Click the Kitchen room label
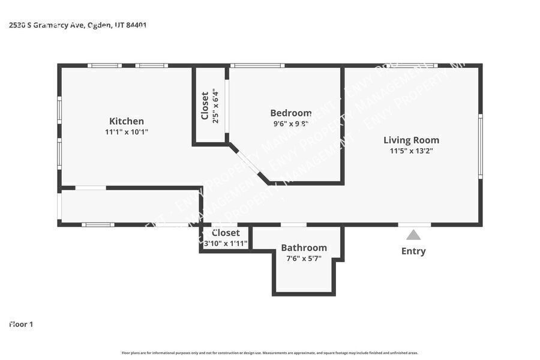(126, 121)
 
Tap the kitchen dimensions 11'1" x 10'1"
(126, 132)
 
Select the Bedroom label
(290, 113)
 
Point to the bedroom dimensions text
(290, 124)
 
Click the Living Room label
(411, 140)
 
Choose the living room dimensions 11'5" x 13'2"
(411, 151)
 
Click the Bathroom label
(304, 248)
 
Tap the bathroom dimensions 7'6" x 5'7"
(304, 259)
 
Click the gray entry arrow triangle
(413, 235)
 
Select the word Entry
(413, 251)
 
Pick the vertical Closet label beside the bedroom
(205, 106)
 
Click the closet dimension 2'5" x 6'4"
(215, 106)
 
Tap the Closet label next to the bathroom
(226, 233)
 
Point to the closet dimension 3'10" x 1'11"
(226, 244)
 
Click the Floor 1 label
(21, 324)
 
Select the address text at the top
(78, 25)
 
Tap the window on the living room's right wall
(480, 146)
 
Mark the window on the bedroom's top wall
(257, 65)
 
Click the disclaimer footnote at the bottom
(270, 353)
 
